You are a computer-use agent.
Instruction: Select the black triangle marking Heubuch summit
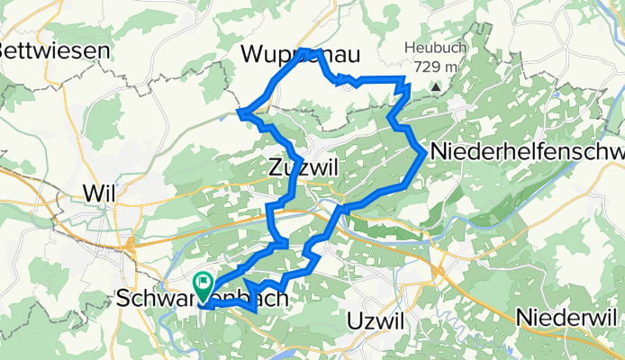coord(435,87)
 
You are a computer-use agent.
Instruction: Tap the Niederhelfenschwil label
coord(527,152)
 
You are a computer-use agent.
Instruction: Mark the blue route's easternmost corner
coord(425,153)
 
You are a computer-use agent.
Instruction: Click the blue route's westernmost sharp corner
coord(240,112)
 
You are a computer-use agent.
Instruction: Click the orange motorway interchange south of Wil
coord(131,241)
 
